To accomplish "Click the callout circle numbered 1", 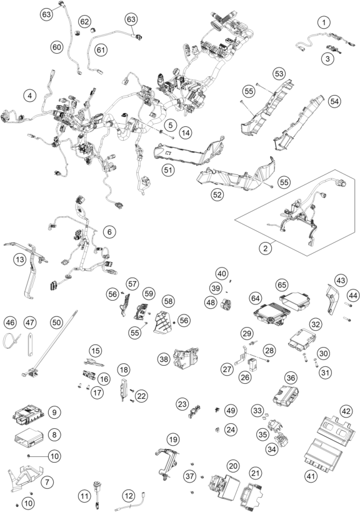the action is click(324, 23).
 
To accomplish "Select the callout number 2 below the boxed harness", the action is click(266, 248).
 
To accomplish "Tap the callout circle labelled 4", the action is click(30, 96).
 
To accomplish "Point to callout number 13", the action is click(20, 259).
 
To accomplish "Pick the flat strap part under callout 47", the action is click(30, 344).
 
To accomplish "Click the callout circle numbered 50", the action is click(56, 323).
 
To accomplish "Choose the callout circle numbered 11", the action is click(84, 496).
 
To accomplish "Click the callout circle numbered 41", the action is click(311, 476).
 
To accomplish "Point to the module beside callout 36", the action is click(286, 393).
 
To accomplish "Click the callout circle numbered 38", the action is click(164, 359).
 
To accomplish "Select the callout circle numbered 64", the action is click(255, 298).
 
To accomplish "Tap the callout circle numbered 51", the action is click(168, 170).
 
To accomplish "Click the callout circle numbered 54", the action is click(334, 101).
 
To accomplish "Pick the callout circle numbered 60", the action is click(57, 48).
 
